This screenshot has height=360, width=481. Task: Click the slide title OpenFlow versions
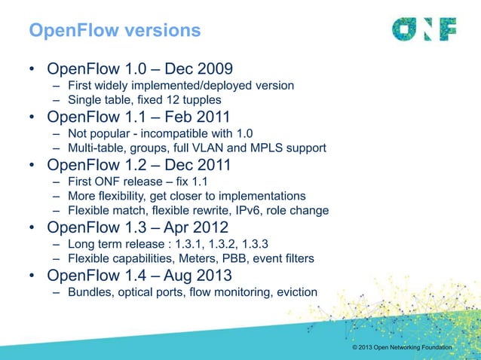tap(115, 31)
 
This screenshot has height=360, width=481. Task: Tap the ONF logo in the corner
tap(424, 29)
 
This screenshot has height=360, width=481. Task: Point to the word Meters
tap(215, 259)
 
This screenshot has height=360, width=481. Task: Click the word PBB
tap(253, 259)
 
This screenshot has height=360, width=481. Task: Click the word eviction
tap(294, 292)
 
